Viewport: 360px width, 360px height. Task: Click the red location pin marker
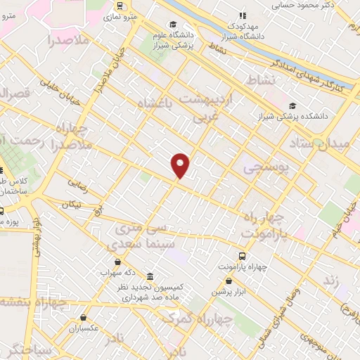pos(181,165)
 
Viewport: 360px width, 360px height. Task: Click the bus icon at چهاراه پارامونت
pos(243,256)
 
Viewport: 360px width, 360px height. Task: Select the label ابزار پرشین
pos(228,290)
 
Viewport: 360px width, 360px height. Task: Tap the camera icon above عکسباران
pos(84,318)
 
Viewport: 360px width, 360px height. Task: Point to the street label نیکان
pos(72,205)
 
